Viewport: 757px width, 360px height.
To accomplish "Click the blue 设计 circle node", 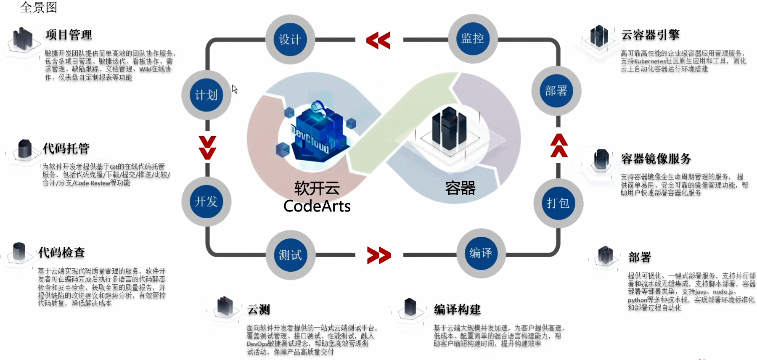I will (x=290, y=40).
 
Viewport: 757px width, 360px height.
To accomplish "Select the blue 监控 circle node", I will (x=473, y=39).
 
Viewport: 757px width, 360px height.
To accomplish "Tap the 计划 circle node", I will (x=206, y=95).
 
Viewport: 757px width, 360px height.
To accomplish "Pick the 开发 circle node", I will (x=206, y=201).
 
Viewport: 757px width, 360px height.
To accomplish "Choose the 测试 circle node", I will (x=290, y=255).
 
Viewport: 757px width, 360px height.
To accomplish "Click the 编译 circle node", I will (x=481, y=253).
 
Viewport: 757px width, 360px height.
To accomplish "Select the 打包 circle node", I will (x=558, y=203).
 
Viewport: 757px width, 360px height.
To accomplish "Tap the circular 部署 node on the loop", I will (x=556, y=91).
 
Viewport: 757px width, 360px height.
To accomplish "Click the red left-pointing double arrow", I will (x=378, y=40).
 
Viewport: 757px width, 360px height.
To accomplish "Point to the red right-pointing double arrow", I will (x=379, y=255).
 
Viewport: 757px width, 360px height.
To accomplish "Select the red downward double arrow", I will (x=207, y=148).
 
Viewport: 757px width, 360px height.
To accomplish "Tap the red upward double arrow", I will (x=559, y=146).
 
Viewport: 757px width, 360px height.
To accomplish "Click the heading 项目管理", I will (x=69, y=35).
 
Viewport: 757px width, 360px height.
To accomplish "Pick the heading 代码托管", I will (x=66, y=148).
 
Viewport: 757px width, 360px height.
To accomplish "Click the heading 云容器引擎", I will (x=650, y=35).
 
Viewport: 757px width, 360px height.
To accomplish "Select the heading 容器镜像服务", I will (x=656, y=159).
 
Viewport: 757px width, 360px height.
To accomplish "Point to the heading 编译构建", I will (x=457, y=310).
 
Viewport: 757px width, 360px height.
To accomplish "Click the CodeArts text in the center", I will (x=317, y=206).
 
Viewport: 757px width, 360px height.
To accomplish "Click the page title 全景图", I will (x=39, y=7).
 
